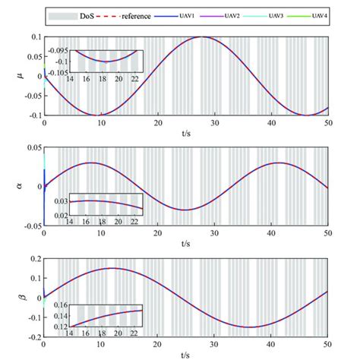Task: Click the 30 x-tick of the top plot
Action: pos(215,122)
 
